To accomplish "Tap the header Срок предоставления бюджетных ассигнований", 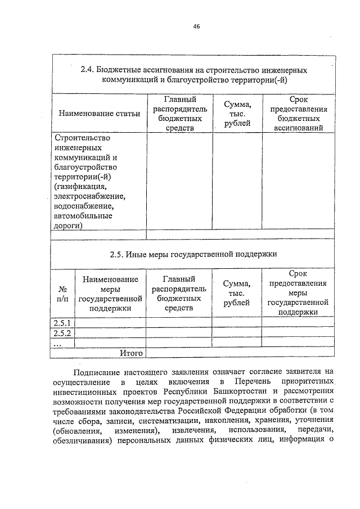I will click(x=298, y=114).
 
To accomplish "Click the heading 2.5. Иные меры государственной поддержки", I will click(x=193, y=254).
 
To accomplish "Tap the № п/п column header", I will click(x=62, y=294).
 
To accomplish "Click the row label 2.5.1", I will click(x=61, y=323).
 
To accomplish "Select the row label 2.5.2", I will click(x=61, y=333).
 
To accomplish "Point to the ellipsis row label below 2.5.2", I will click(x=57, y=343).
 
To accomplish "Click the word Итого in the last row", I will click(x=130, y=353).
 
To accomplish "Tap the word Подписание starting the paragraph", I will click(x=98, y=372).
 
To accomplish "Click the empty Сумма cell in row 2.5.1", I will click(x=237, y=323).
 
